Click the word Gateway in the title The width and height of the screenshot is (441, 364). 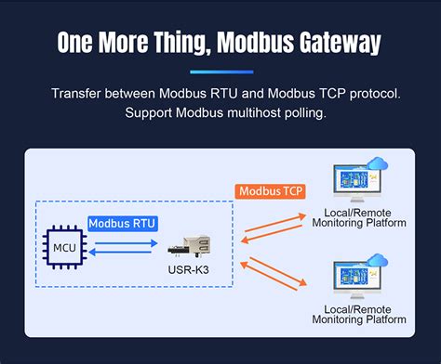339,44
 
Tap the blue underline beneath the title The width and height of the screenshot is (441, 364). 220,71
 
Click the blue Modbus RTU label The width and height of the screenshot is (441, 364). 122,223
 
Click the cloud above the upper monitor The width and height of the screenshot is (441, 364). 377,166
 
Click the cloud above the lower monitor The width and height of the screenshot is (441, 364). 377,261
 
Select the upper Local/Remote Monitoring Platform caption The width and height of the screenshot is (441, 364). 359,217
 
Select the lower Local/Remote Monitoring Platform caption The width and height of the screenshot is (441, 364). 359,313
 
